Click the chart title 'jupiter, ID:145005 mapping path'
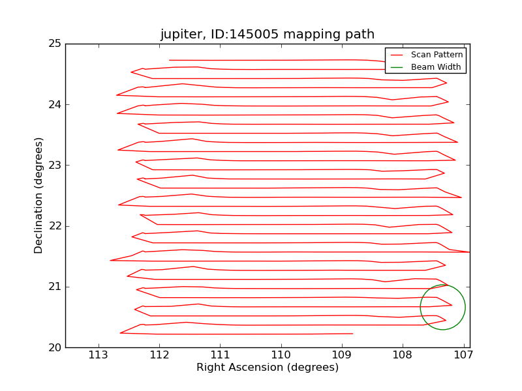pyautogui.click(x=268, y=35)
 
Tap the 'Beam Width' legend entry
pyautogui.click(x=435, y=66)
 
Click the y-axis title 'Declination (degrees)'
pyautogui.click(x=39, y=195)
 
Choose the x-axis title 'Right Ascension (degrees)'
pyautogui.click(x=268, y=368)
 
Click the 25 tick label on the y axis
pyautogui.click(x=54, y=44)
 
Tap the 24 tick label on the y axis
pyautogui.click(x=54, y=104)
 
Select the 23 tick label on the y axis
pyautogui.click(x=54, y=166)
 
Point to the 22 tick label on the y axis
pyautogui.click(x=54, y=226)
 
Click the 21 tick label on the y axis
pyautogui.click(x=54, y=287)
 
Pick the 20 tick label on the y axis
pyautogui.click(x=54, y=347)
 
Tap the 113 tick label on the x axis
pyautogui.click(x=98, y=355)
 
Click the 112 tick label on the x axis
pyautogui.click(x=159, y=355)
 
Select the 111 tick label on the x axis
pyautogui.click(x=220, y=355)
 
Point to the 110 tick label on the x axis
pyautogui.click(x=281, y=355)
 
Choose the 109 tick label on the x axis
pyautogui.click(x=341, y=355)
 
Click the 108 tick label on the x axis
pyautogui.click(x=402, y=355)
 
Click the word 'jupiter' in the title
pyautogui.click(x=181, y=35)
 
